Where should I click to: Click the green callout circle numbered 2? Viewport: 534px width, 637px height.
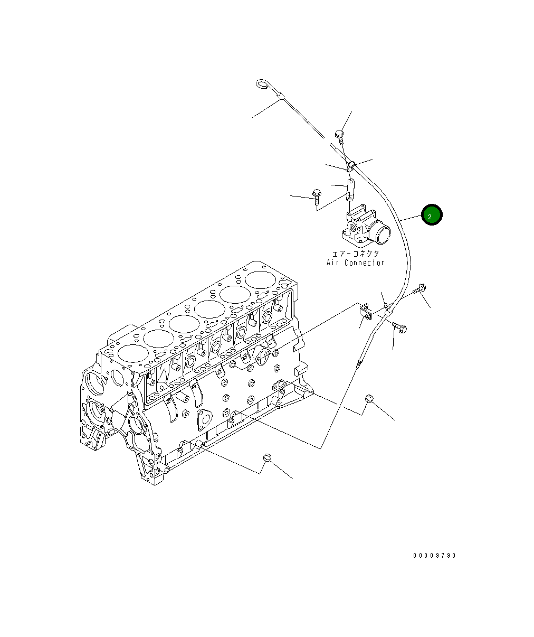click(x=432, y=215)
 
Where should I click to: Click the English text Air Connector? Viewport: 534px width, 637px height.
click(x=355, y=263)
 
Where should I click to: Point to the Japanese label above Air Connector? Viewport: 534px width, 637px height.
click(x=355, y=254)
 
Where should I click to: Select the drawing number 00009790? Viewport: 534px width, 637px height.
click(x=434, y=555)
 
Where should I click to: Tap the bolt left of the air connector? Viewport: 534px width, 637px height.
click(x=317, y=196)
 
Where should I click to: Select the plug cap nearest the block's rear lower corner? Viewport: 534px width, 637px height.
click(x=369, y=399)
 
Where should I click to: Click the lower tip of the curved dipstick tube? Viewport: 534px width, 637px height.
click(x=359, y=363)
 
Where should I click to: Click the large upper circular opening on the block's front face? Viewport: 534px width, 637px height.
click(x=97, y=381)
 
